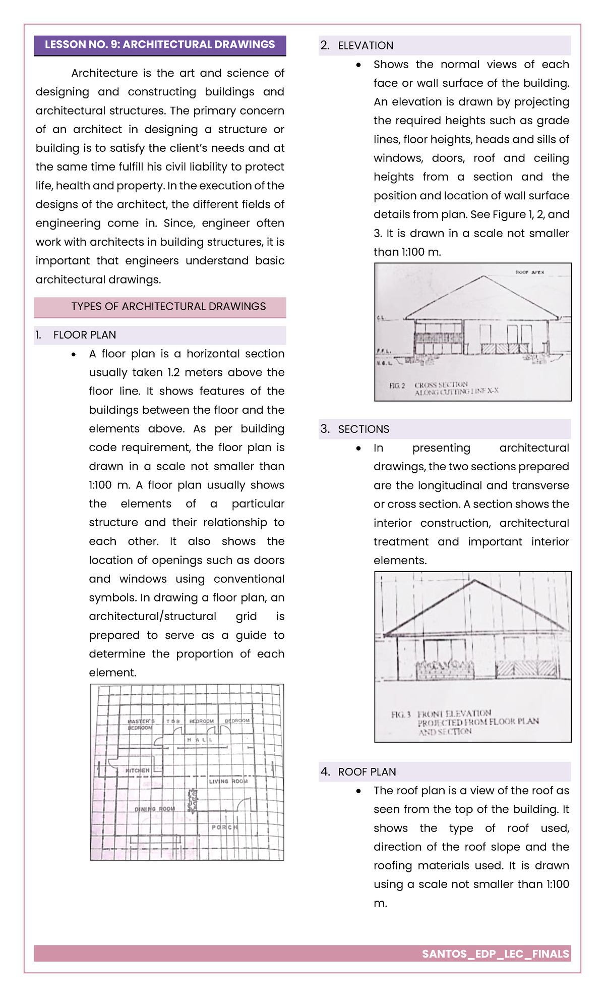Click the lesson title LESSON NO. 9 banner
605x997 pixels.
tap(160, 44)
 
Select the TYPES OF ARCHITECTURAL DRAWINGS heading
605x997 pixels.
tap(168, 306)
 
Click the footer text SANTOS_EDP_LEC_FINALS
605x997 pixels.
tap(495, 954)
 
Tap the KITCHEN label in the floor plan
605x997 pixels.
tap(138, 770)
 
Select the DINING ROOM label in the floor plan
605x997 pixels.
tap(154, 809)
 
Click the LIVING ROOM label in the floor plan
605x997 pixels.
tap(228, 781)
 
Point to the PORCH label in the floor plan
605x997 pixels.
tap(224, 827)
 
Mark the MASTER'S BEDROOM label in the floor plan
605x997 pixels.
tap(141, 725)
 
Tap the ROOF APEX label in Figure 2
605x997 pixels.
tap(529, 272)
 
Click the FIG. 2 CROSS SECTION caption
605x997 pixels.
tap(444, 388)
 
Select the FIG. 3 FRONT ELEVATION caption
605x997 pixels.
tap(464, 722)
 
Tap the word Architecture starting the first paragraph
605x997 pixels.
tap(104, 73)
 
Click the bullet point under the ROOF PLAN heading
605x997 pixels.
tap(358, 791)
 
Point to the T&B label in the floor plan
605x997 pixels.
tap(173, 722)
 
